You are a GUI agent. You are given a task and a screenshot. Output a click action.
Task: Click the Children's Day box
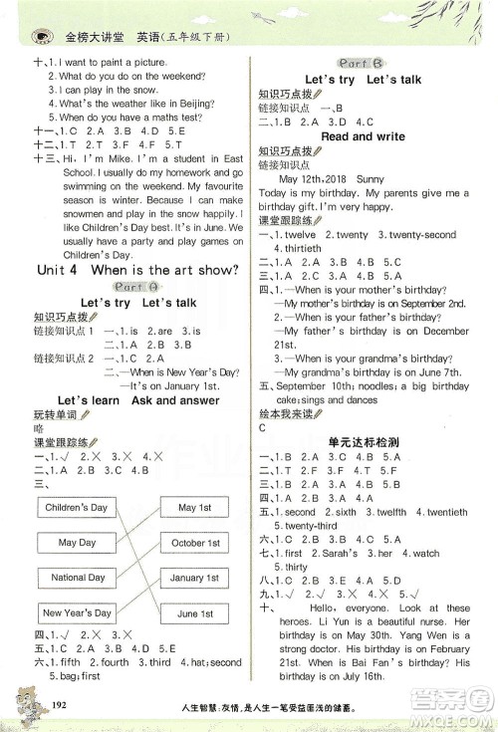coord(77,508)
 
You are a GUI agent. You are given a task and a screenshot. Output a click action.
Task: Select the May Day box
coord(77,543)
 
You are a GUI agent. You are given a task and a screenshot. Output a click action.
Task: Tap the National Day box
coord(77,578)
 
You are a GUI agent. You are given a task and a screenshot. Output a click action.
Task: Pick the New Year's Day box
coord(77,612)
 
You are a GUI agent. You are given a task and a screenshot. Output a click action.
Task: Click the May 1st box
coord(194,508)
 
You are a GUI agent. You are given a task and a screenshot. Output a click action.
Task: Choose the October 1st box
coord(194,543)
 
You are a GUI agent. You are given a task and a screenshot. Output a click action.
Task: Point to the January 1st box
coord(194,578)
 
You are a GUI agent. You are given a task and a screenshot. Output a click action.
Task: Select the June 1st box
coord(194,613)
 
